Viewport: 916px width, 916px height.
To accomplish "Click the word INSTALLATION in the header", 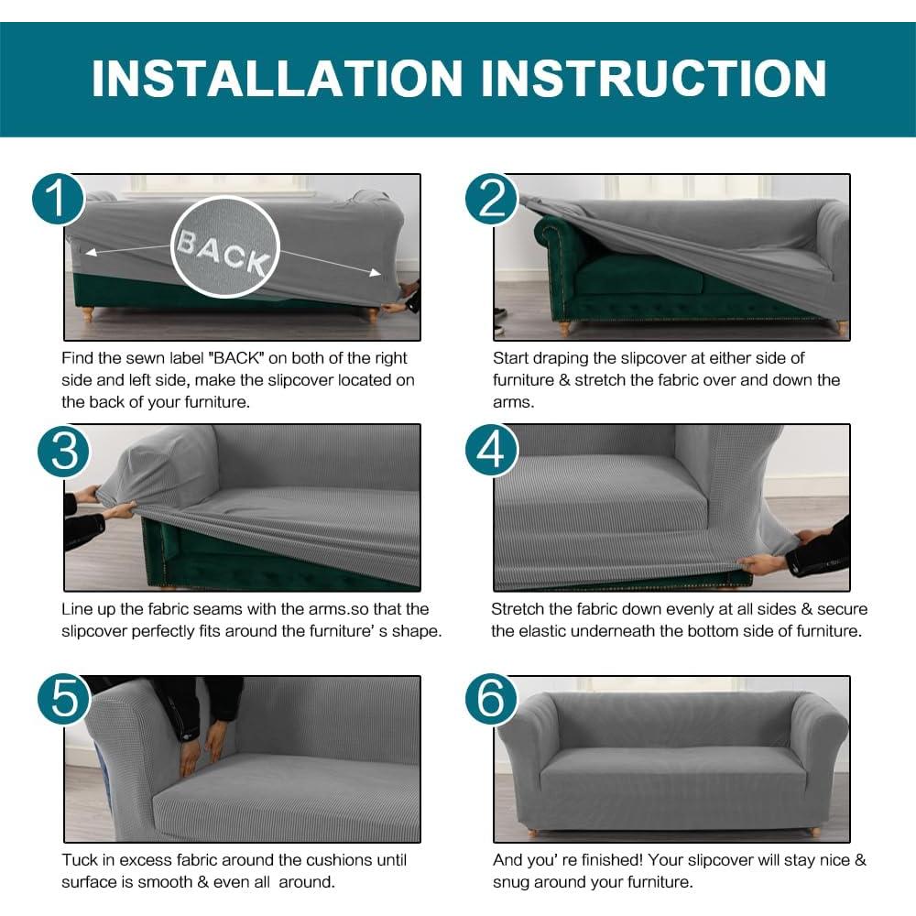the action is click(x=277, y=78).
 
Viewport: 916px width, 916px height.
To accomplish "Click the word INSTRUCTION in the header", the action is click(x=654, y=78).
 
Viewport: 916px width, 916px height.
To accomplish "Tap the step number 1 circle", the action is click(x=59, y=199).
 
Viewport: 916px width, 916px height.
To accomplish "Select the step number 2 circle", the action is click(x=492, y=199).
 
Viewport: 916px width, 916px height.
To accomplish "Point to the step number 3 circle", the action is click(x=64, y=451).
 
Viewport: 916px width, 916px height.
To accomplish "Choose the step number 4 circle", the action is click(x=492, y=451).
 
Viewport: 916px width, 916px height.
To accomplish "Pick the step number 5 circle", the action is click(x=64, y=699).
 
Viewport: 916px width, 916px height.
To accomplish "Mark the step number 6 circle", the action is click(x=492, y=699).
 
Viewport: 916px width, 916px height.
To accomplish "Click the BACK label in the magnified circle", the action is click(x=224, y=252).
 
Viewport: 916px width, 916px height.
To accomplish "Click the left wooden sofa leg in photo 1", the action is click(x=88, y=314).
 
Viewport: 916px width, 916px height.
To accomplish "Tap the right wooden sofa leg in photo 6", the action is click(x=812, y=831).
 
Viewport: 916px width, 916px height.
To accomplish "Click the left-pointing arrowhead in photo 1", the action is click(x=90, y=253).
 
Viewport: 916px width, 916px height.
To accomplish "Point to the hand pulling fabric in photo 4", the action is click(x=760, y=563).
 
